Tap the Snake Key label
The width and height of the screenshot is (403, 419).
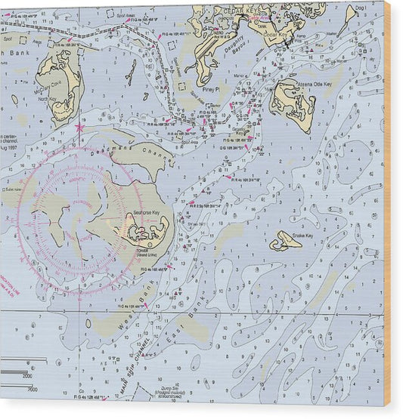pyautogui.click(x=303, y=235)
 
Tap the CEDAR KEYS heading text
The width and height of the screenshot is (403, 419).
pyautogui.click(x=235, y=10)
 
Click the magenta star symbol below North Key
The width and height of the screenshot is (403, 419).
pyautogui.click(x=79, y=128)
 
